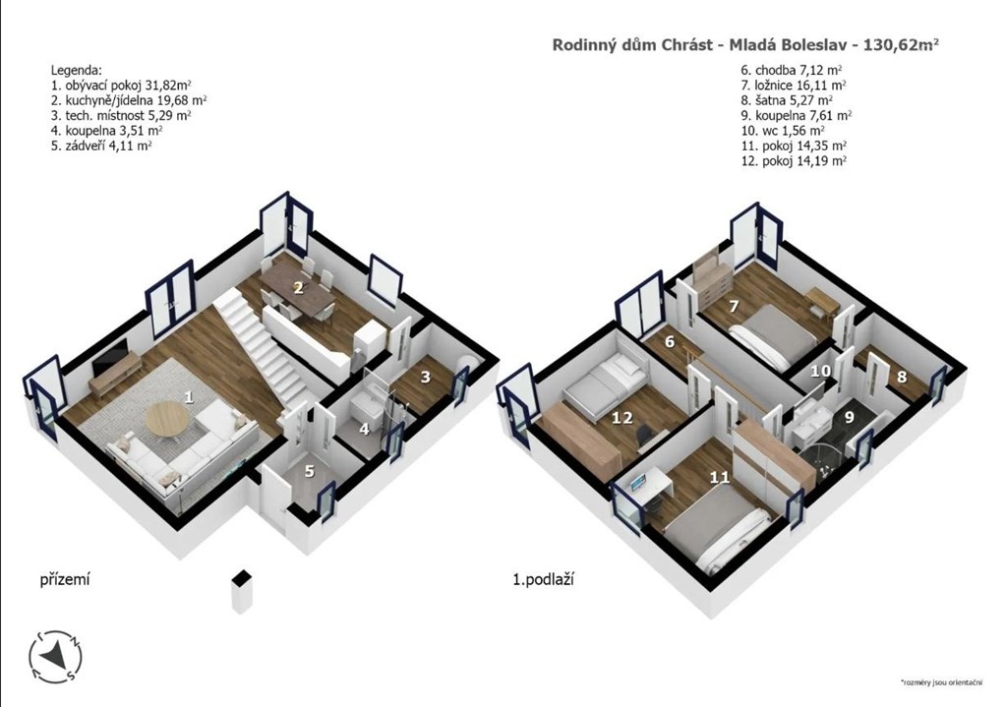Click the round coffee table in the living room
tap(167, 419)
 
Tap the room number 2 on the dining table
tap(298, 288)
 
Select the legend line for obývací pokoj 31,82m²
tap(121, 85)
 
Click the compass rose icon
tap(56, 656)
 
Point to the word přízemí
tap(65, 580)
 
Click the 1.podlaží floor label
tap(543, 580)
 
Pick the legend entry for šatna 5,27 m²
tap(787, 100)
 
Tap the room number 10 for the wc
tap(820, 371)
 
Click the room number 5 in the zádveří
tap(310, 471)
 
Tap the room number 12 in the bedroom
tap(622, 418)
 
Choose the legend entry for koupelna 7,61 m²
tap(797, 116)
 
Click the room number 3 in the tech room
tap(425, 377)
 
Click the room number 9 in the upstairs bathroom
tap(849, 417)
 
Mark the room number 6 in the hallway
tap(670, 341)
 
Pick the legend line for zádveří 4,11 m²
tap(101, 146)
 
